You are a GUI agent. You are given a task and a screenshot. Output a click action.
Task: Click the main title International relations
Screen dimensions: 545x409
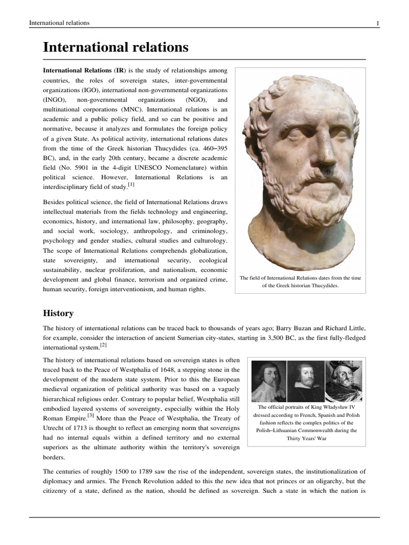[116, 47]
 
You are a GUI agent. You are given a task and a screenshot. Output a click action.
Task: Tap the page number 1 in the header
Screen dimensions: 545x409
[377, 23]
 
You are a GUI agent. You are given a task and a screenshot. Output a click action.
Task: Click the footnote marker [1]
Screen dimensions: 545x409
[131, 185]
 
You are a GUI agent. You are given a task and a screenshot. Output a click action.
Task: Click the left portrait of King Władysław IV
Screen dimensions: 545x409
[268, 381]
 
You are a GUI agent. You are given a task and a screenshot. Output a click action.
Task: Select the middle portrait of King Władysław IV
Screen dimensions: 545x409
[305, 381]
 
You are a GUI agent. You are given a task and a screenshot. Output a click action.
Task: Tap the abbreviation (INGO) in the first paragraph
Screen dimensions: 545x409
[53, 100]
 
